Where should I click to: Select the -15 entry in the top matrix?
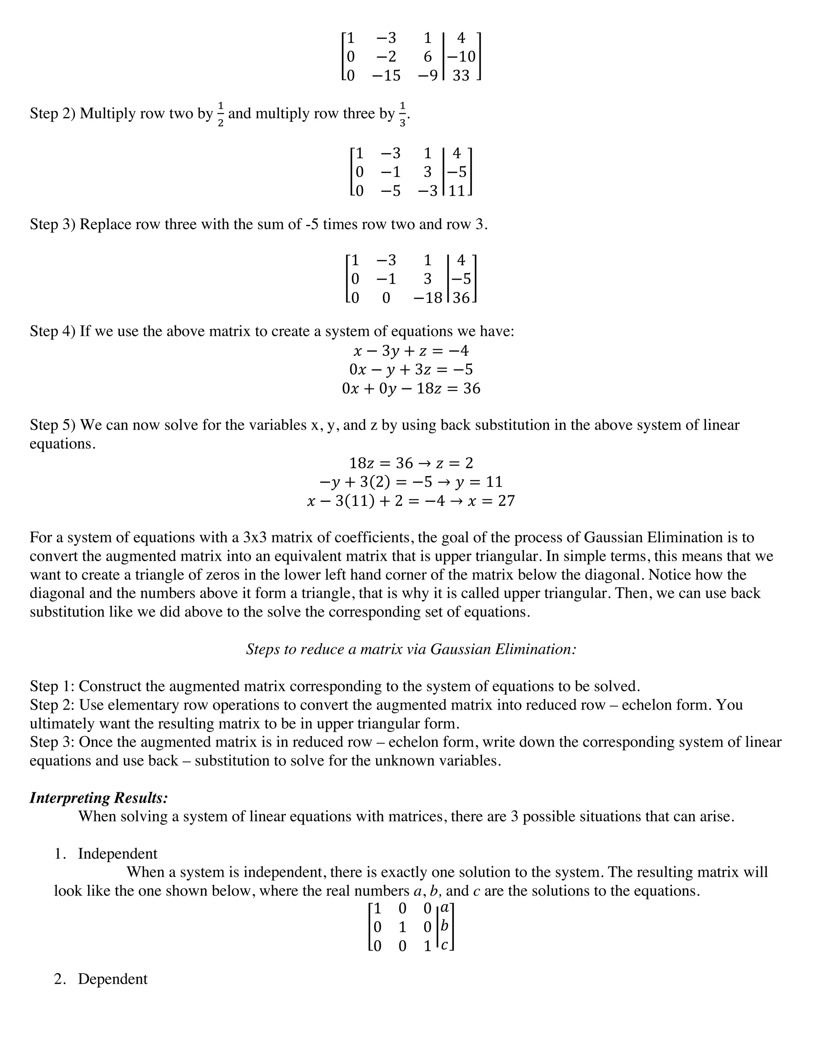click(386, 76)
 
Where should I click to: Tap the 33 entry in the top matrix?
click(461, 76)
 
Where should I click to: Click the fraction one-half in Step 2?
click(220, 114)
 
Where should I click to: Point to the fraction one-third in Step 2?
click(402, 114)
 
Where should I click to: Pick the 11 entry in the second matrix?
click(457, 191)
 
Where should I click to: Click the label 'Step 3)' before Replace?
click(53, 224)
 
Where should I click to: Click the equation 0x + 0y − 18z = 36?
click(411, 388)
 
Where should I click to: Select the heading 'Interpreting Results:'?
click(99, 798)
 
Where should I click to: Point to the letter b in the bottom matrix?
click(444, 926)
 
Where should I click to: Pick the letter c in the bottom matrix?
click(444, 945)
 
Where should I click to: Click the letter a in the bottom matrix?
click(444, 908)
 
